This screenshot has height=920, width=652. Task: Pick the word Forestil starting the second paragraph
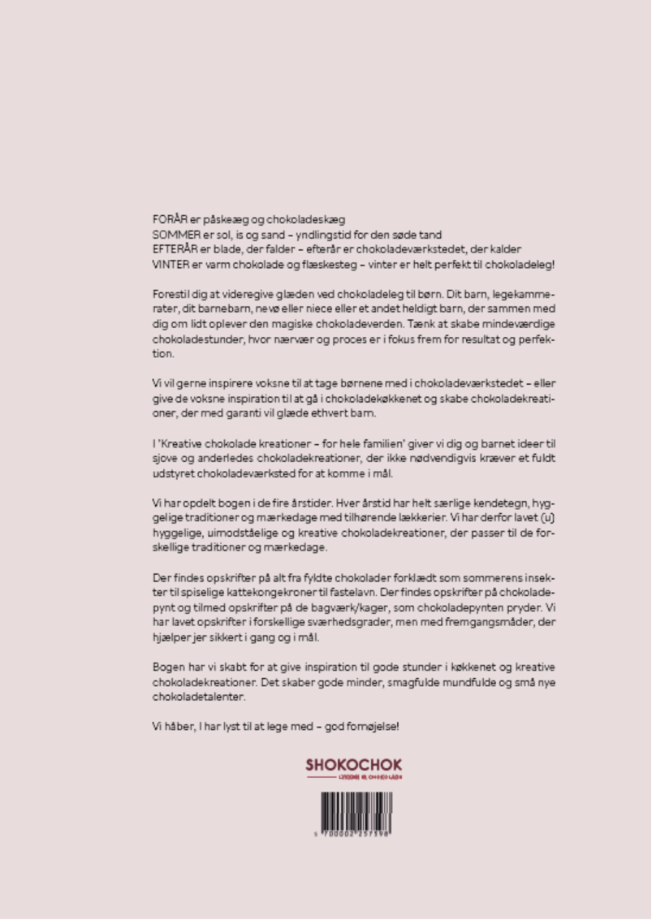click(171, 294)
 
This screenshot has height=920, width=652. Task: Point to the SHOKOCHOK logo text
click(354, 765)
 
